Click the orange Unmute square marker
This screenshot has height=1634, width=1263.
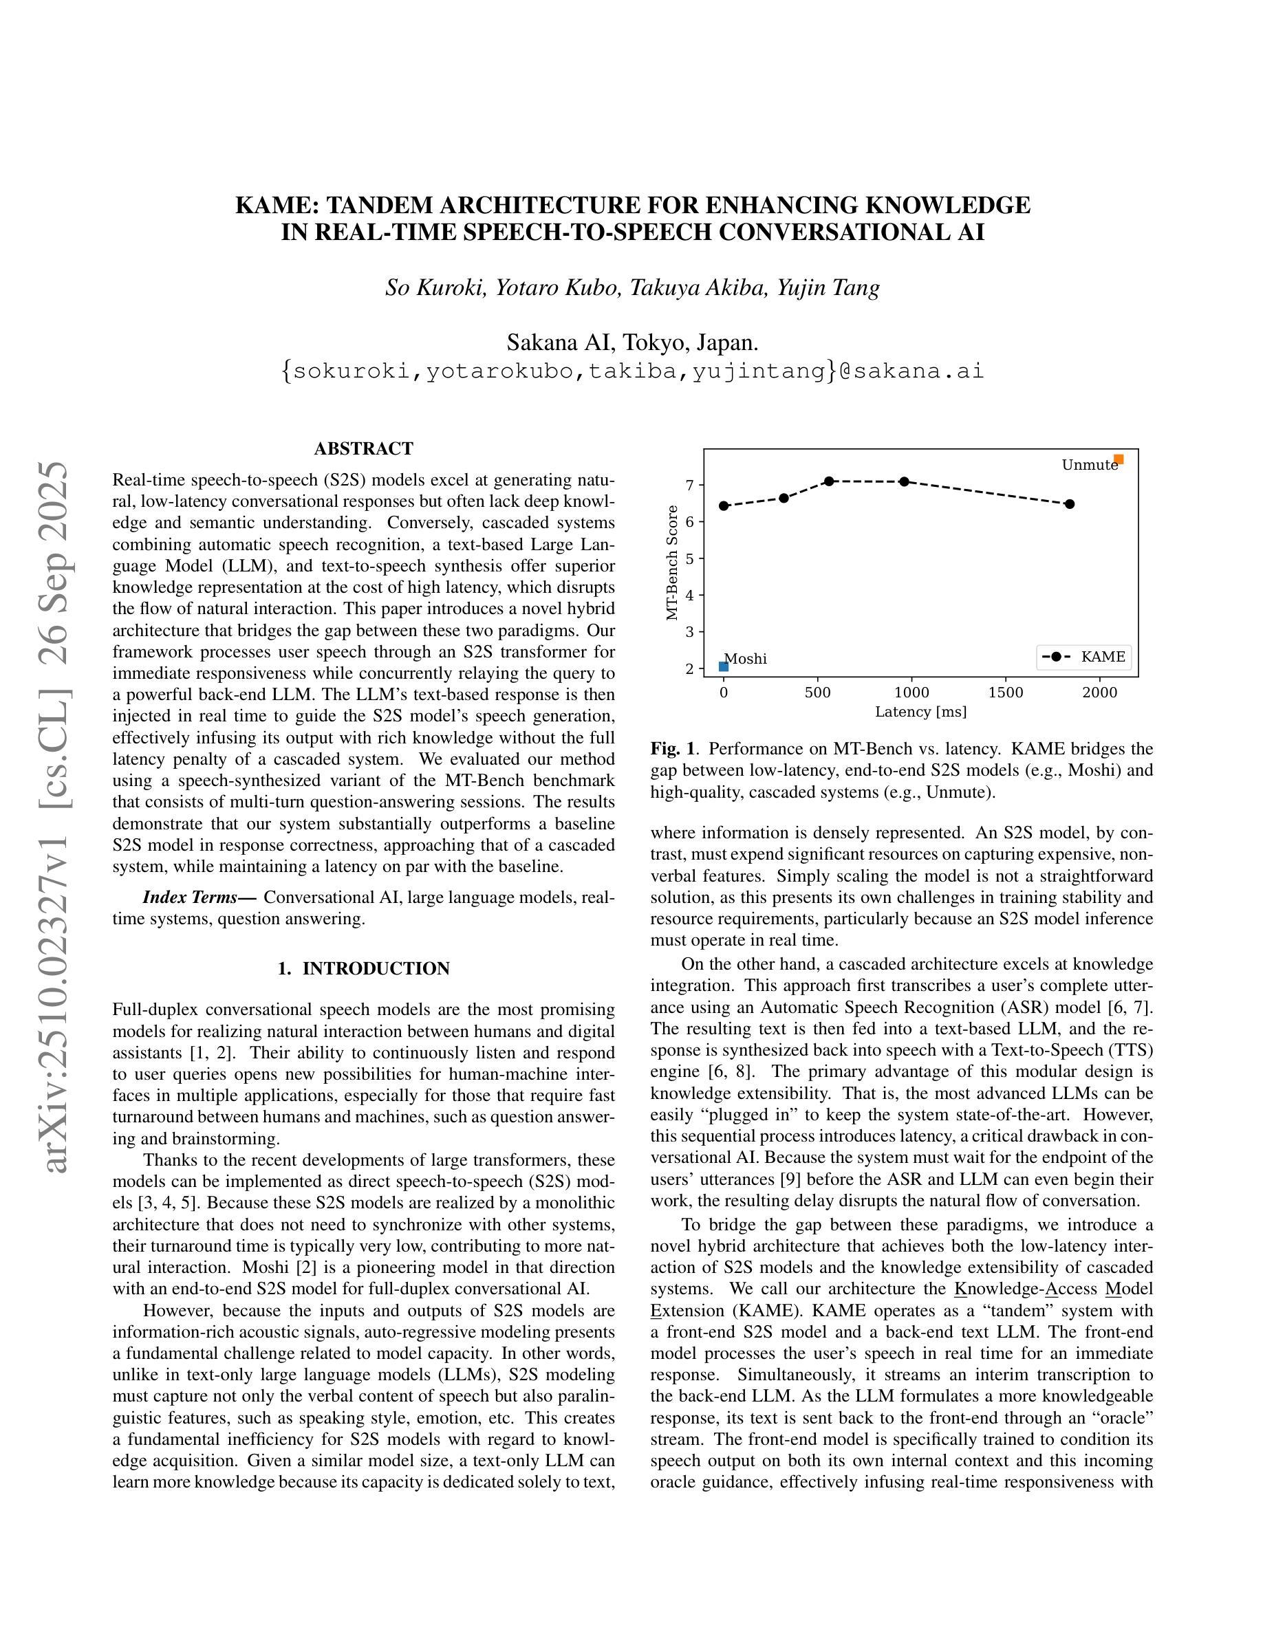point(1118,459)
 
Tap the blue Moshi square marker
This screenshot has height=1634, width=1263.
point(724,666)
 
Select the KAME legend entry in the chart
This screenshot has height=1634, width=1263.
point(1084,657)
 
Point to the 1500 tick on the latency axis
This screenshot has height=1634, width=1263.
point(1006,692)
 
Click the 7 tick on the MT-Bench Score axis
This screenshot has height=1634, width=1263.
point(690,485)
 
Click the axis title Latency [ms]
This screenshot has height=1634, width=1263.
point(920,712)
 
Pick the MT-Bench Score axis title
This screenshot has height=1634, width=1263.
point(672,563)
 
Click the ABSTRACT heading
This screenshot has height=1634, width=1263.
point(364,449)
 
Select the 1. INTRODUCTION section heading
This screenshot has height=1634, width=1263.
point(364,969)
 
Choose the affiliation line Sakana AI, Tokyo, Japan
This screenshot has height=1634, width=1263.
point(632,342)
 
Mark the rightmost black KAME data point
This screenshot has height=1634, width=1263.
point(1069,504)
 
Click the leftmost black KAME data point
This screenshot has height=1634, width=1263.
point(724,505)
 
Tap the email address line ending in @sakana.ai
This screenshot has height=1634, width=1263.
point(632,371)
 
